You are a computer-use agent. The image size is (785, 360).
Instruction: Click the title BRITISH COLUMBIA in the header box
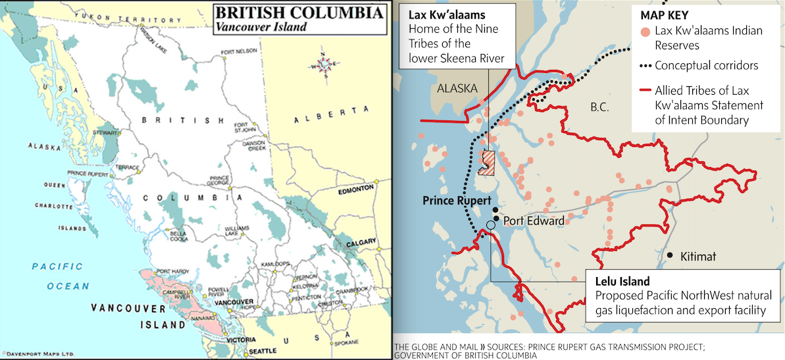coord(299,14)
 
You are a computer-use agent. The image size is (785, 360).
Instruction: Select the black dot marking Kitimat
coord(669,255)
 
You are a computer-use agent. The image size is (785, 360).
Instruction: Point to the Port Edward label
coord(534,221)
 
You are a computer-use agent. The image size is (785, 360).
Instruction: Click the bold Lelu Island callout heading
coord(622,281)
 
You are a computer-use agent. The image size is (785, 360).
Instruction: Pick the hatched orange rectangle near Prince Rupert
coord(487,163)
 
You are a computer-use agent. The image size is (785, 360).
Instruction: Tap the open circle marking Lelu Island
coord(490,225)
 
